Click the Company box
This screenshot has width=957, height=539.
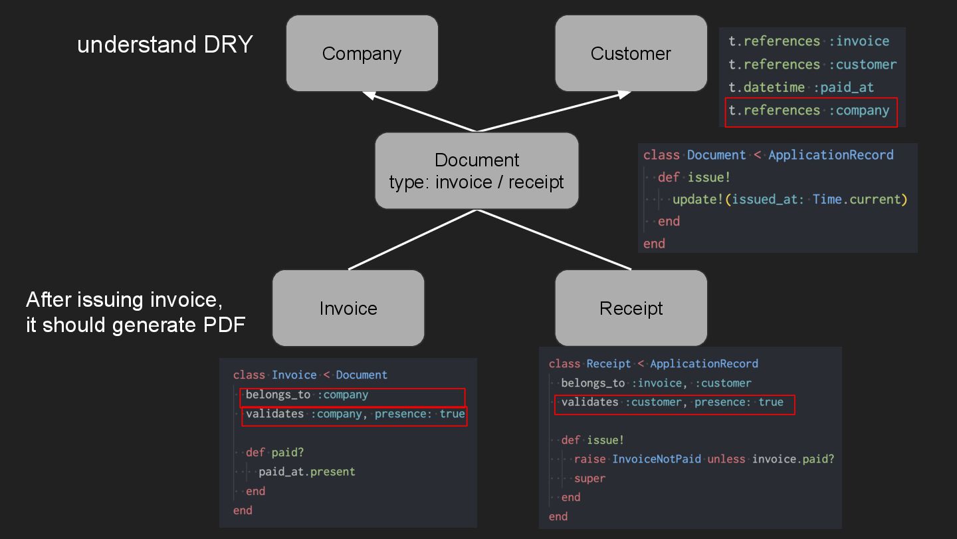coord(362,53)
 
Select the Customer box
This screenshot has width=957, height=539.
coord(631,53)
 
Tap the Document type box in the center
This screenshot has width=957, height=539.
coord(477,171)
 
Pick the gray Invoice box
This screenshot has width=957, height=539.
coord(348,308)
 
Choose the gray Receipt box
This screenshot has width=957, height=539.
coord(631,308)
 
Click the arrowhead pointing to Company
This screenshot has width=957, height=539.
coord(370,96)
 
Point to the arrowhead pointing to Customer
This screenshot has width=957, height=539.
coord(623,95)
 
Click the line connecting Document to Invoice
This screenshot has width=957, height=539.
coord(412,240)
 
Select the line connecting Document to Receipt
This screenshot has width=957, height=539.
coord(554,240)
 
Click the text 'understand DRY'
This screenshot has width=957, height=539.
coord(165,45)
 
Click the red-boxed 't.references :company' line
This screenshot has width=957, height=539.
coord(809,110)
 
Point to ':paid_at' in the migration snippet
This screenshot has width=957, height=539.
coord(843,87)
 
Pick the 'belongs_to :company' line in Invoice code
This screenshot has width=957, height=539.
coord(306,395)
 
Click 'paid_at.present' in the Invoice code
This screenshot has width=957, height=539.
coord(306,472)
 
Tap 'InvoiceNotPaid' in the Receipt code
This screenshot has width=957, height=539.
coord(657,459)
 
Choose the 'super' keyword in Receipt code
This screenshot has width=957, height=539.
coord(589,478)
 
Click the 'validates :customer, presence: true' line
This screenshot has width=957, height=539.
coord(672,402)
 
